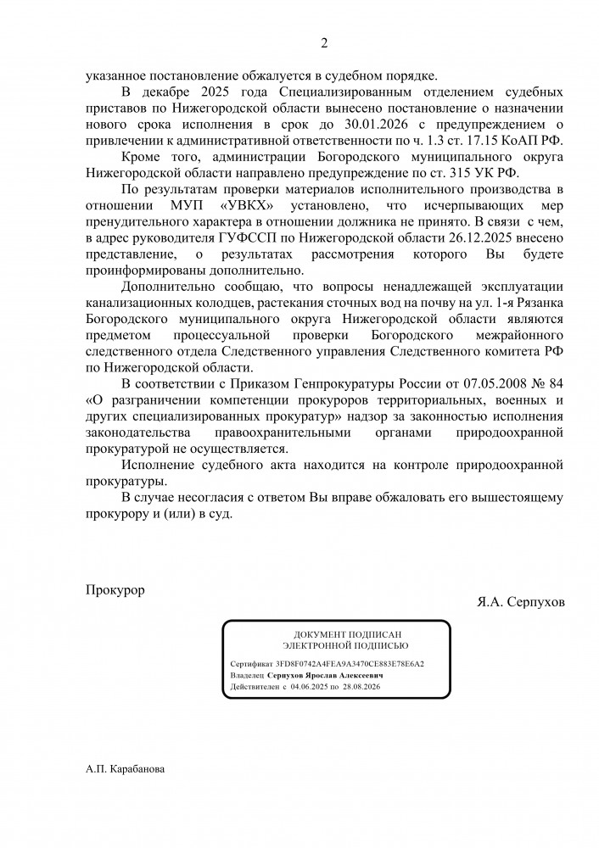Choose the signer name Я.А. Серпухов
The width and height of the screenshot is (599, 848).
521,601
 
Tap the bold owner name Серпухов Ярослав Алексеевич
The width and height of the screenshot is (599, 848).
324,675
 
